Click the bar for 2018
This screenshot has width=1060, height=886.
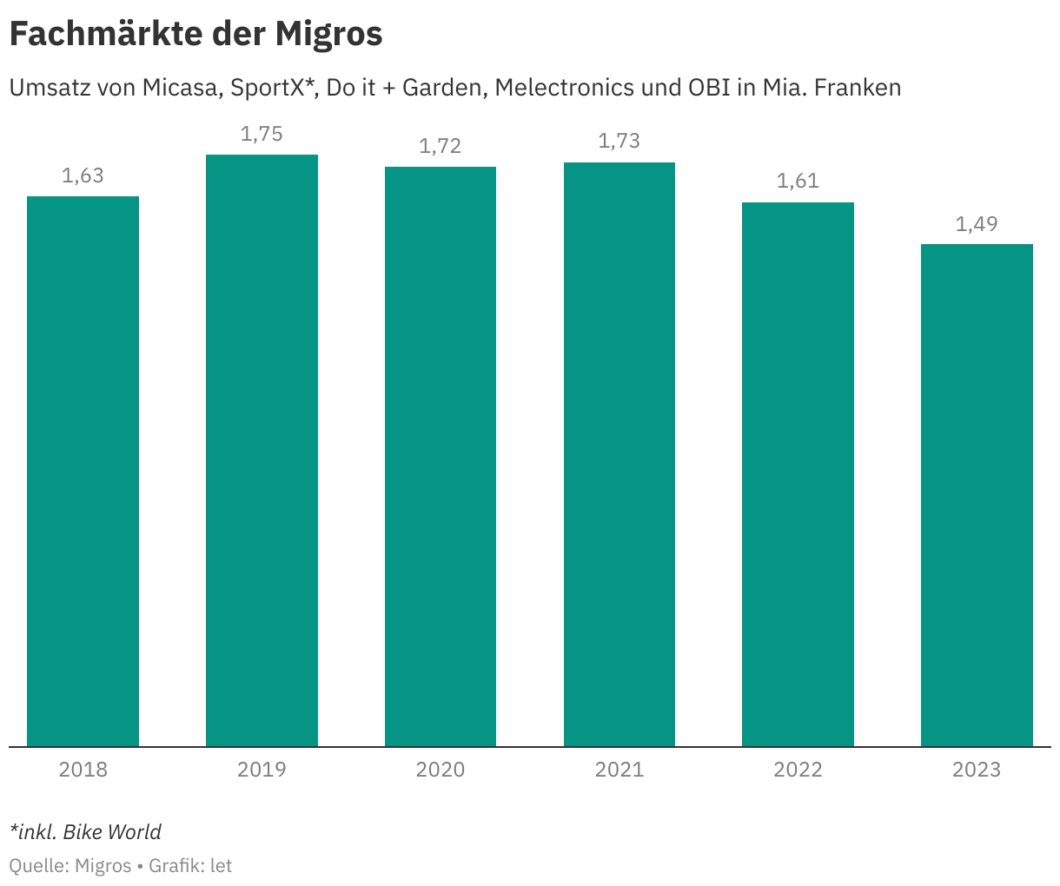click(x=83, y=471)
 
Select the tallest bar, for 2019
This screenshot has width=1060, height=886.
click(x=262, y=450)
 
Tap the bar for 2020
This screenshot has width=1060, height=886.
click(x=441, y=456)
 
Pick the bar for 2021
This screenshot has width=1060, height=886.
click(x=619, y=454)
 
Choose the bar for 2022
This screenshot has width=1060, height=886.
click(x=798, y=474)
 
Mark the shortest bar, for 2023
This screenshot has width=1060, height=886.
click(x=977, y=495)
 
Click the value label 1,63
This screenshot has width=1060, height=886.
click(x=83, y=175)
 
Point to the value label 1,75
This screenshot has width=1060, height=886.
click(x=262, y=134)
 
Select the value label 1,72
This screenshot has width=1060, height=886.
click(x=441, y=146)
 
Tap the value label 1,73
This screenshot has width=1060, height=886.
click(x=619, y=142)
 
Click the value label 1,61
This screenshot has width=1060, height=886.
click(x=798, y=182)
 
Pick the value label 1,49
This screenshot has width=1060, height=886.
click(x=977, y=224)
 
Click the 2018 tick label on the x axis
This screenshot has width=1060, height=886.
click(x=83, y=770)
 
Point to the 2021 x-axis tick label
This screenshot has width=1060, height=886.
click(x=619, y=770)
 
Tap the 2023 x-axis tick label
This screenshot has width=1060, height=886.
click(x=977, y=770)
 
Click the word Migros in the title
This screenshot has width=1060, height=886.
click(x=329, y=34)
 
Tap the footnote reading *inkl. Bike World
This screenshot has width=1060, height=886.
click(x=85, y=832)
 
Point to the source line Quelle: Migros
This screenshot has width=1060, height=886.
click(x=70, y=866)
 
